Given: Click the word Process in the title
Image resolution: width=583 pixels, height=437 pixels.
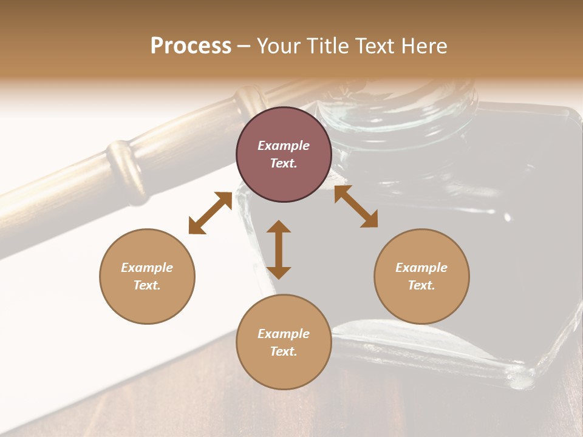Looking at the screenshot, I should (x=191, y=46).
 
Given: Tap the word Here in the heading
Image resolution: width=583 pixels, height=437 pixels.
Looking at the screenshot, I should (x=423, y=46).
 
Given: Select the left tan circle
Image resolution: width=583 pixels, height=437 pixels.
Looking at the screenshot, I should (x=147, y=276).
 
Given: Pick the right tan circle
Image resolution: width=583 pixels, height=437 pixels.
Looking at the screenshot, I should (x=421, y=276).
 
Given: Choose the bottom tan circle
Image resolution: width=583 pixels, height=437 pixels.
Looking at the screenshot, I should (x=284, y=342).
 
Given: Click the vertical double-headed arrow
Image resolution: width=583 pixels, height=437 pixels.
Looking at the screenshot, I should (x=279, y=249).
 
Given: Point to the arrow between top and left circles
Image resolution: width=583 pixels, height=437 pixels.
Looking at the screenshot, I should (x=210, y=213).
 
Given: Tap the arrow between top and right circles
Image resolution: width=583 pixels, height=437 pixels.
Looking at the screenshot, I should (x=356, y=207).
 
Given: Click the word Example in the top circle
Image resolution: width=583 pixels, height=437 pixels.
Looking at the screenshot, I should (x=284, y=146).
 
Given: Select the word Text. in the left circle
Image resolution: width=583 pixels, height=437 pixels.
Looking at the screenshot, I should (x=147, y=285).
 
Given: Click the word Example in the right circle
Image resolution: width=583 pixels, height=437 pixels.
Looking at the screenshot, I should (x=421, y=268).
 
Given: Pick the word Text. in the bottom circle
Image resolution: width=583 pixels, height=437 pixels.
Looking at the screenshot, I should (x=284, y=351).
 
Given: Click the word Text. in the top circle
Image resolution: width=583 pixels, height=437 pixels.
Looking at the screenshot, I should (x=284, y=164).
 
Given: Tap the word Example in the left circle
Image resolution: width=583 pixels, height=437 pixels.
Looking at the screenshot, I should (x=147, y=268).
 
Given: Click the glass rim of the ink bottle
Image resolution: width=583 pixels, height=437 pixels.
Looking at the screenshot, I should (x=395, y=109).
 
